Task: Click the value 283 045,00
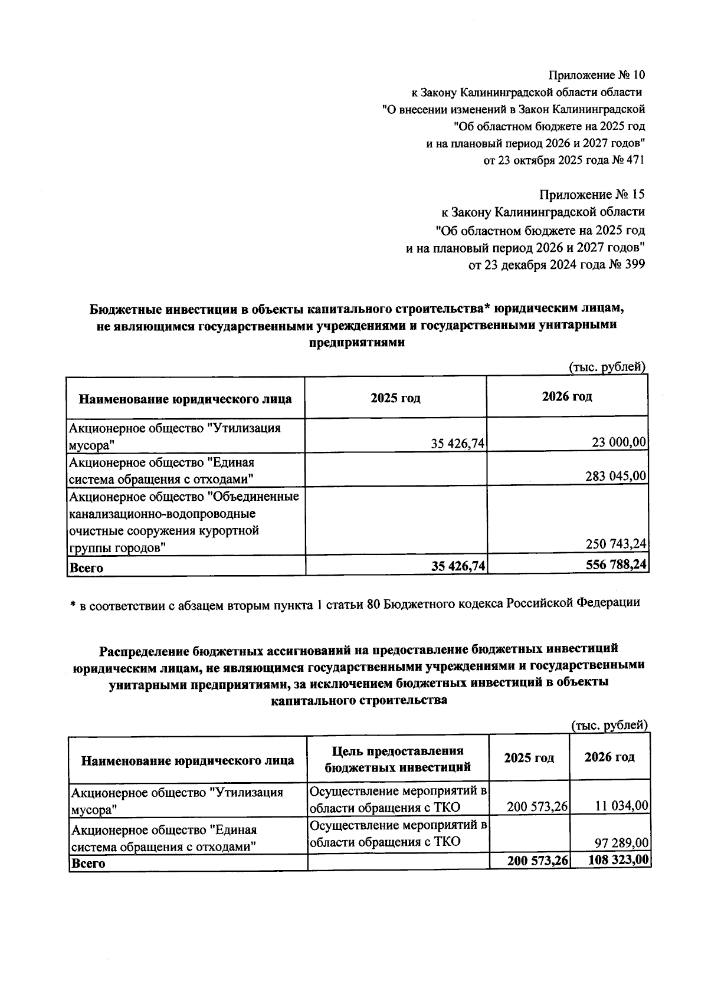pos(616,475)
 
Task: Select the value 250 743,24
pos(616,543)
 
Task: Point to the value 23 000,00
pos(618,442)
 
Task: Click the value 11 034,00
pos(622,805)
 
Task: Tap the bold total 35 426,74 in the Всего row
pos(458,566)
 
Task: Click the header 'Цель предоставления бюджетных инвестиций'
pos(398,759)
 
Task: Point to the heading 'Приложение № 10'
pos(597,76)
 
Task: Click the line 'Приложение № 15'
pos(592,195)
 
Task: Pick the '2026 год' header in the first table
pos(567,396)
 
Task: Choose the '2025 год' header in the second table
pos(529,757)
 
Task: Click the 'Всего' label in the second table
pos(87,863)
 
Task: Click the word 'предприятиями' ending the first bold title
pos(357,342)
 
